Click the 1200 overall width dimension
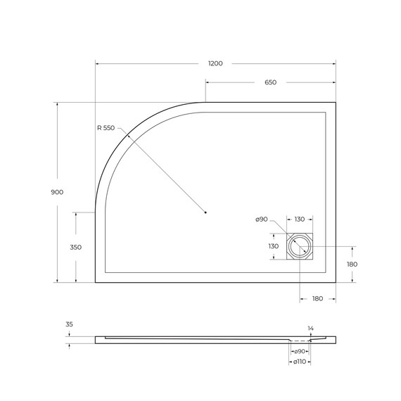[215, 64]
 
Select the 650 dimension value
[270, 82]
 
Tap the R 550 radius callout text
[106, 128]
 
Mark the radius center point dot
[205, 212]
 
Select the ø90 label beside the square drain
[262, 220]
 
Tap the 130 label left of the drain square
[274, 246]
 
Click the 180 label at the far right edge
[352, 264]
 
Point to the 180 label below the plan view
[317, 299]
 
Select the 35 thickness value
[69, 324]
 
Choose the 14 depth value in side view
[310, 328]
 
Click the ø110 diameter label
[299, 362]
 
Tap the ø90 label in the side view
[299, 350]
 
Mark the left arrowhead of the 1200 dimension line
[97, 64]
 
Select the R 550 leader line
[162, 169]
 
